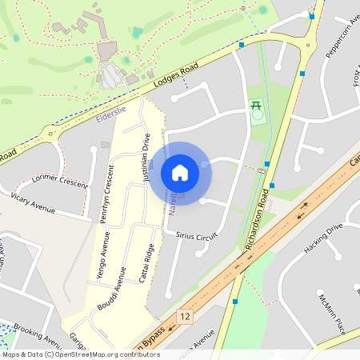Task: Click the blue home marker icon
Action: click(x=180, y=173)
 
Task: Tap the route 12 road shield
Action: click(x=186, y=317)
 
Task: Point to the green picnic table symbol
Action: click(x=257, y=105)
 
